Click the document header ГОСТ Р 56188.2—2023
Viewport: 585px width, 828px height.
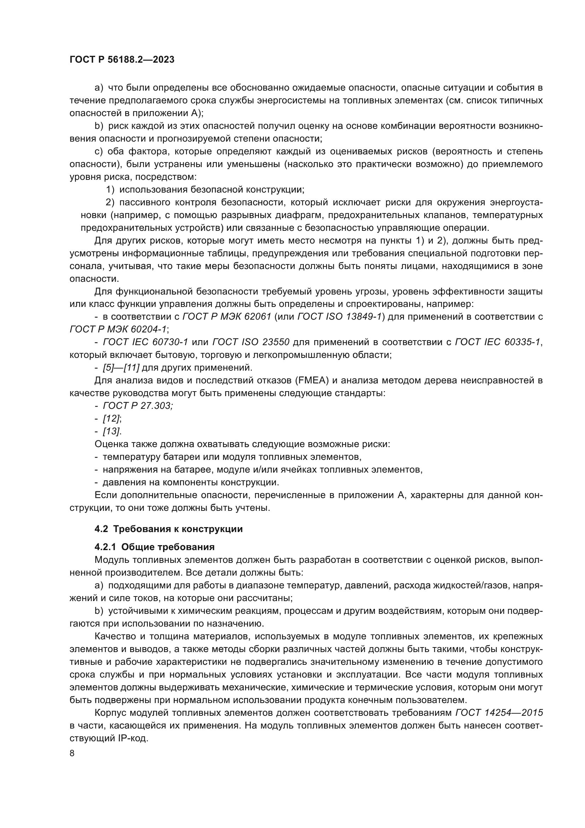[122, 60]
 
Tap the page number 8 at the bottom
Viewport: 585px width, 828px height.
[72, 753]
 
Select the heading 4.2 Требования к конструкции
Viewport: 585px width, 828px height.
[168, 529]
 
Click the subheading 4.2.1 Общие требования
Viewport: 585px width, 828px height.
[155, 547]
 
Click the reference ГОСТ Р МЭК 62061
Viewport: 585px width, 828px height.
[227, 317]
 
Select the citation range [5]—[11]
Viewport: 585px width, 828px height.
[121, 368]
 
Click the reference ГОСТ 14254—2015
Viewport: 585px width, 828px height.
[499, 713]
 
